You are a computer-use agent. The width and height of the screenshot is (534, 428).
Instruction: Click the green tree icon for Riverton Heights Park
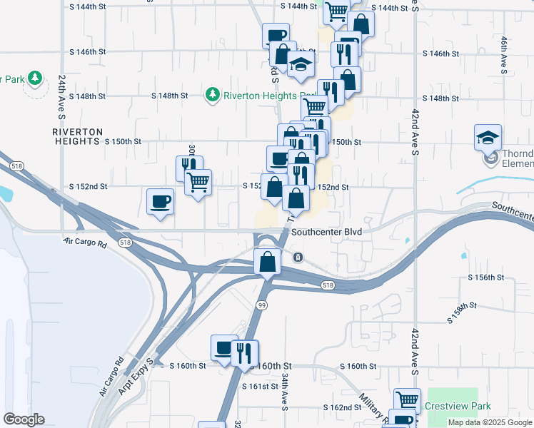coord(212,94)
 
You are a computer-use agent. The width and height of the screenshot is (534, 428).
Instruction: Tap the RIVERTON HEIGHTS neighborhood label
coord(78,137)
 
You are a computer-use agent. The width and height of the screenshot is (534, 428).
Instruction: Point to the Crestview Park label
coord(458,406)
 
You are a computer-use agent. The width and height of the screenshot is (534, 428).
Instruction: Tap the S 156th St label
coord(486,277)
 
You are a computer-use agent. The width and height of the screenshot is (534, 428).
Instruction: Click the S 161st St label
coord(258,387)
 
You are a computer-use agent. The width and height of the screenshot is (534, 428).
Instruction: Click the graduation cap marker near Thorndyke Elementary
coord(488,136)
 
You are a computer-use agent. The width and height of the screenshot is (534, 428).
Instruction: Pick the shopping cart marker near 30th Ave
coord(198,181)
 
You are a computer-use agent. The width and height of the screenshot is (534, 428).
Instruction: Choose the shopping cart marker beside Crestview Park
coord(407,399)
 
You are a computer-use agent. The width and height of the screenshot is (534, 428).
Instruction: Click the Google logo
coord(24,419)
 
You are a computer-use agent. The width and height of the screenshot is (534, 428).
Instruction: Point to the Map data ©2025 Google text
coord(489,422)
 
